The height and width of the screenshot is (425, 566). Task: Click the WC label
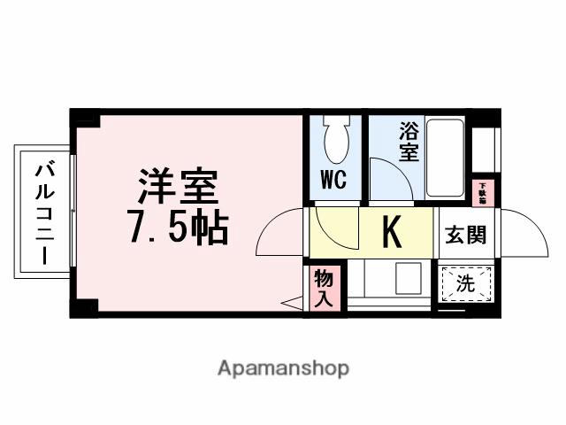coord(333,181)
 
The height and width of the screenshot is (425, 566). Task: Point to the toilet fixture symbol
coord(335,140)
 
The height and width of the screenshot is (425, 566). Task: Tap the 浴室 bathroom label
coord(408,142)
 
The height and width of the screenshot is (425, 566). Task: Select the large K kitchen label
coord(391,233)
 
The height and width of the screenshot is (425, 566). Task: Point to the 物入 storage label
coord(325,287)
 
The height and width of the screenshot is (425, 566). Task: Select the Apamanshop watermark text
coord(283,367)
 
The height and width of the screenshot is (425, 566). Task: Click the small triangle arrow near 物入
coord(291,303)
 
